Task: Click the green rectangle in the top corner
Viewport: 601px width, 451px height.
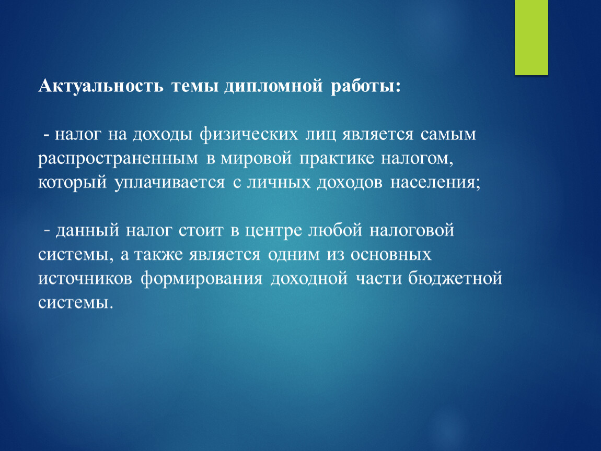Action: point(531,37)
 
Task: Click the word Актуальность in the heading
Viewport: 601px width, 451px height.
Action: point(101,86)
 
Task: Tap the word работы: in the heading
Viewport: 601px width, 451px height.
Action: point(365,86)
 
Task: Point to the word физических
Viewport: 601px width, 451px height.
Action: point(249,135)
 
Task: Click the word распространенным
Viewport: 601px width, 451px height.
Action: point(118,159)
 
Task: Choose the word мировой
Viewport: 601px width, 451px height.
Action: point(256,159)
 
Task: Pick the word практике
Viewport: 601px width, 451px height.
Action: point(337,159)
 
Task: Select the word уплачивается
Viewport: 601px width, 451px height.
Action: point(170,183)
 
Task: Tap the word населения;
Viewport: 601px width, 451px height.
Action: point(435,183)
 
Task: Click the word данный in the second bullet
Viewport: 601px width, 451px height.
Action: point(87,231)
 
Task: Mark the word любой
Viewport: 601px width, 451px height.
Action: point(336,230)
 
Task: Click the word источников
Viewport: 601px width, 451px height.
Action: point(85,278)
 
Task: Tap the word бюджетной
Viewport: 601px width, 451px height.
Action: point(455,278)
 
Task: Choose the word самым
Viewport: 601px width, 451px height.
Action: point(448,135)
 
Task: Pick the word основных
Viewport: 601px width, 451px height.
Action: point(391,255)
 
